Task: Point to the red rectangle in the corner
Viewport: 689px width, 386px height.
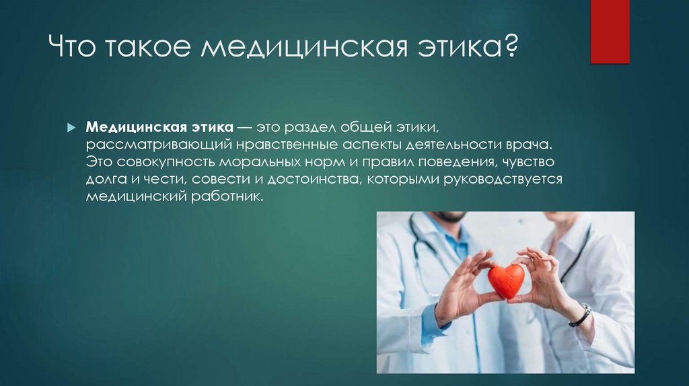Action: (x=610, y=32)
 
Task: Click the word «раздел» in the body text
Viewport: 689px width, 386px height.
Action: (x=310, y=128)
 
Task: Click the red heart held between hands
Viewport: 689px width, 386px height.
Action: (x=505, y=280)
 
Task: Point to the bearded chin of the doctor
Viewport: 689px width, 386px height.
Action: (x=447, y=217)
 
